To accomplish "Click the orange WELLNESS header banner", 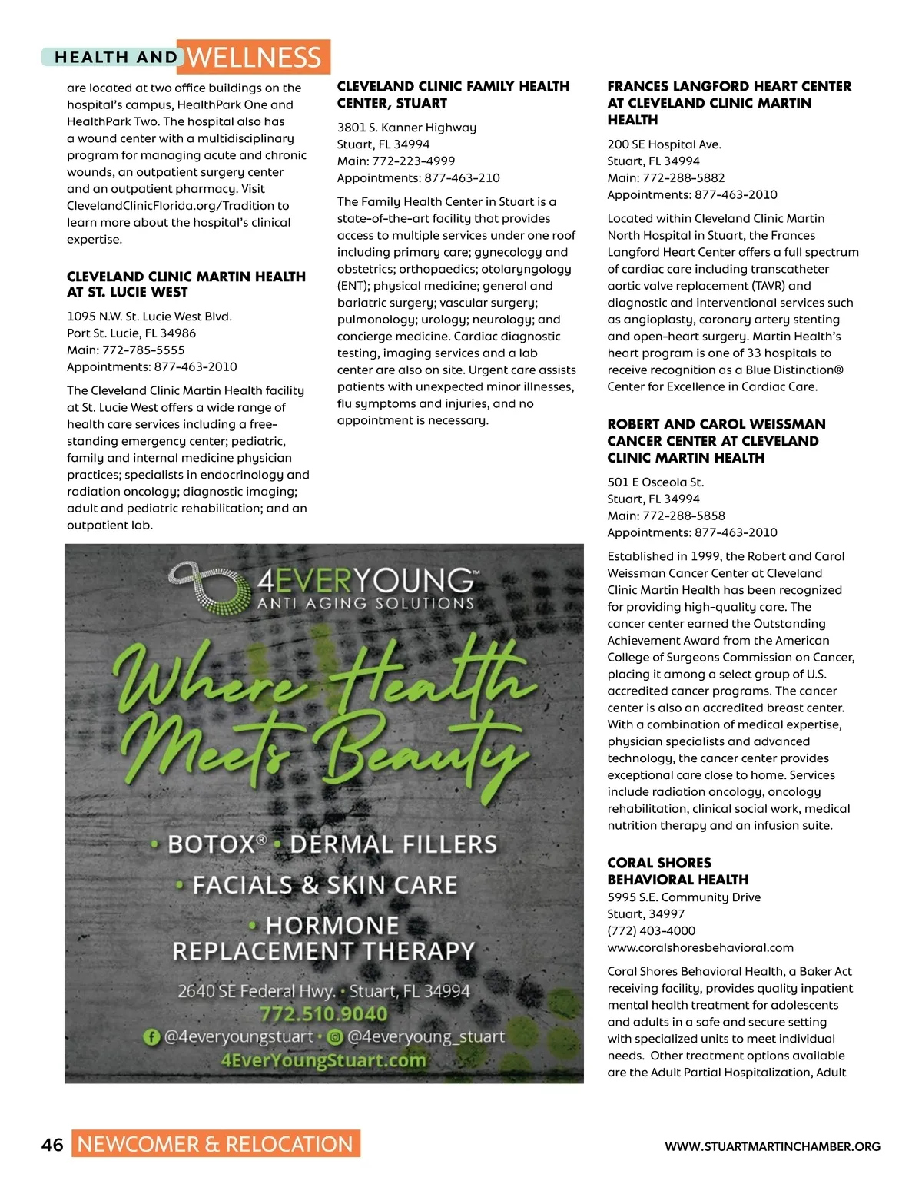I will [254, 58].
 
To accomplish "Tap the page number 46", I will [52, 1145].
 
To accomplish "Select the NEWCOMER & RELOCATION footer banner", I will [215, 1144].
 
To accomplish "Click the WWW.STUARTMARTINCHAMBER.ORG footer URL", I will [772, 1146].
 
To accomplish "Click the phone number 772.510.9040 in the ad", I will [323, 1014].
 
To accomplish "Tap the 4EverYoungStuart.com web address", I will [323, 1061].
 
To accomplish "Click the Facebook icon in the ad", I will [152, 1037].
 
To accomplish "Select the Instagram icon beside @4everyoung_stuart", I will [335, 1037].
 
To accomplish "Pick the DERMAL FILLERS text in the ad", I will [393, 844].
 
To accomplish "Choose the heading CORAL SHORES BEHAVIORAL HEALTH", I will [678, 871].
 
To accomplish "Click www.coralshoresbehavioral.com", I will [700, 947].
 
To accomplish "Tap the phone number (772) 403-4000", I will [651, 930].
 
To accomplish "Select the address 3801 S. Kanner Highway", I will [406, 128].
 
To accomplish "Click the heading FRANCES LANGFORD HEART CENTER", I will [729, 87].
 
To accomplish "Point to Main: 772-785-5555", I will [126, 350].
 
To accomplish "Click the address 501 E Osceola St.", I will [655, 482].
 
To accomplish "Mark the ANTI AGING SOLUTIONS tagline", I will [366, 604].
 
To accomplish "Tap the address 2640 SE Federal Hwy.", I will [257, 991].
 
